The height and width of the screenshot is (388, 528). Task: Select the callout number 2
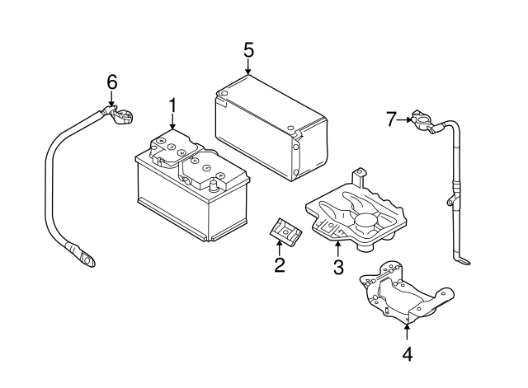pos(279,264)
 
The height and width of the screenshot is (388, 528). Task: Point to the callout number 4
pos(408,354)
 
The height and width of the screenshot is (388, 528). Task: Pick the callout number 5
pos(248,49)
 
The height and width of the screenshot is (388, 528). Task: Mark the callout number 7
pos(392,119)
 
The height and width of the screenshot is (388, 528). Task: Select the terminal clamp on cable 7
pos(420,124)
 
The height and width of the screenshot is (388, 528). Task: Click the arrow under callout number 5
pos(248,68)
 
